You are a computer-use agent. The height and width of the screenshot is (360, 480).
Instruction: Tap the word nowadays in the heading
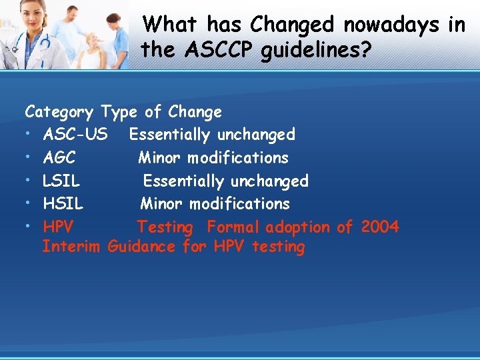(391, 25)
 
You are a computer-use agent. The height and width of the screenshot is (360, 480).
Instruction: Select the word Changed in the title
(292, 25)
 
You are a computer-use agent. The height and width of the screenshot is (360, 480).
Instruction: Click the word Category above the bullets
(59, 112)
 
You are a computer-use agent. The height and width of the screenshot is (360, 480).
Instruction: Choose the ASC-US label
(75, 135)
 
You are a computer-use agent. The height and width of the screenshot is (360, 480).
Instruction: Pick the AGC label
(59, 158)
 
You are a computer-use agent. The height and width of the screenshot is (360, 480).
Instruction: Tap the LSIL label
(61, 181)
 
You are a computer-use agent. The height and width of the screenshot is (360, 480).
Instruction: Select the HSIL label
(63, 203)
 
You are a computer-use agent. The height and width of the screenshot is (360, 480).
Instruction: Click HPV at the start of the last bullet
(58, 227)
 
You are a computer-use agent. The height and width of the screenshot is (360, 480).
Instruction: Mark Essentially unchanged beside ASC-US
(212, 135)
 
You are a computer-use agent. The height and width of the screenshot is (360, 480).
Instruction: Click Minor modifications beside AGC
(213, 158)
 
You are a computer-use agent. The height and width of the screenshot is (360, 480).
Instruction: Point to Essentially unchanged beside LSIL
(225, 181)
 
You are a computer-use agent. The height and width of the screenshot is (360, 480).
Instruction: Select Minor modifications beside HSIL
(215, 203)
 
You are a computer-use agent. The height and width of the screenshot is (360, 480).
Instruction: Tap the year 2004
(380, 227)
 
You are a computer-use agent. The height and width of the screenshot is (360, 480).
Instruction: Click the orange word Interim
(71, 247)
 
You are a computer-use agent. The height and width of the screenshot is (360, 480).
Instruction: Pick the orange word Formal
(233, 227)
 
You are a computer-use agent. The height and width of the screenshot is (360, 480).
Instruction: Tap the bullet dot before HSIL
(29, 204)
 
